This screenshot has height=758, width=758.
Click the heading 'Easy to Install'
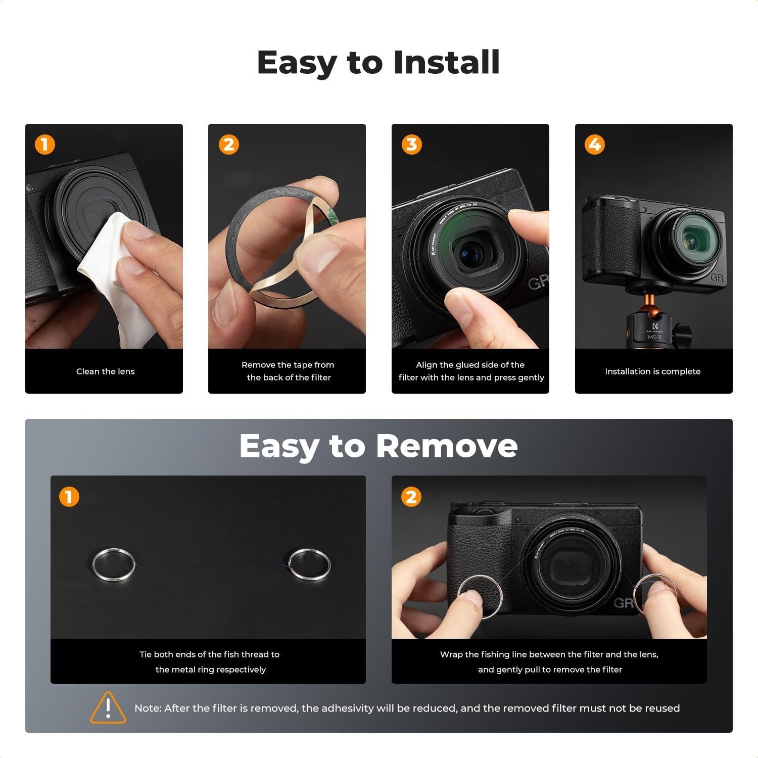coord(378,62)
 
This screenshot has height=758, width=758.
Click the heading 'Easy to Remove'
coord(378,446)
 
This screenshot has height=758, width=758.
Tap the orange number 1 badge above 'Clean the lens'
coord(44,145)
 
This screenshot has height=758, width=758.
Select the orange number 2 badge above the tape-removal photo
coord(228,145)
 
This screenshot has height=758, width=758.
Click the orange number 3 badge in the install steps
coord(411,145)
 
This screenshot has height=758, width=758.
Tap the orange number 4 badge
coord(594,145)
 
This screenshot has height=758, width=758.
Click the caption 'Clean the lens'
coord(105,371)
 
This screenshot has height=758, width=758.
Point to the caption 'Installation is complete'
coord(652,371)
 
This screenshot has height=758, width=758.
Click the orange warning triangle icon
coord(108,707)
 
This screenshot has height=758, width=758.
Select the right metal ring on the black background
coord(309,566)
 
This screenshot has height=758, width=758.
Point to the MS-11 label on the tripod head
coord(654,337)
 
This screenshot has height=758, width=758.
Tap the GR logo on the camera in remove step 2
coord(623,603)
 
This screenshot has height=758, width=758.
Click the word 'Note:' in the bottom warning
coord(148,708)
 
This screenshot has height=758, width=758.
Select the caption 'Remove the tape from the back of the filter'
coord(288,371)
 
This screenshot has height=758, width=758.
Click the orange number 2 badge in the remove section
coord(411,497)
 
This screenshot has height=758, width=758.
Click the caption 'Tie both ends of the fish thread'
coord(209,654)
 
